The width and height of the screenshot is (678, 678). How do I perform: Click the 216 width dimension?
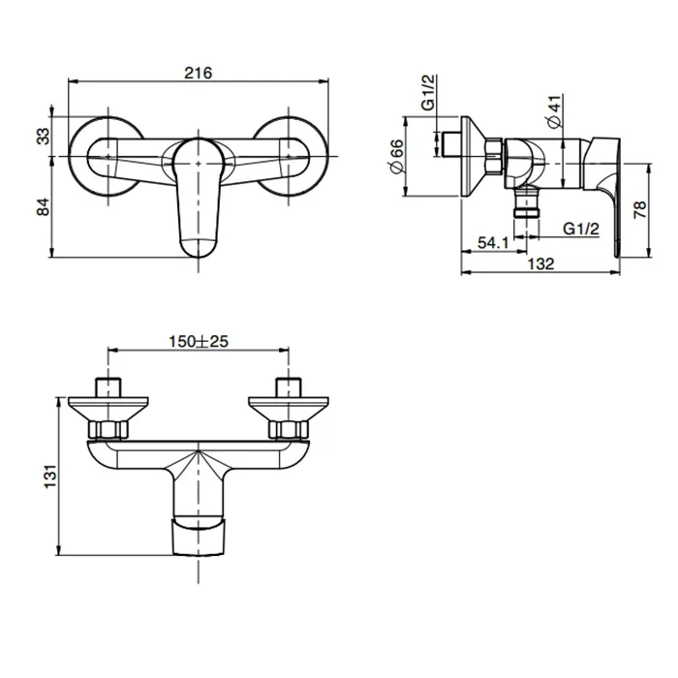tap(199, 73)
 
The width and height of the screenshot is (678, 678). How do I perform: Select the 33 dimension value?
tap(44, 137)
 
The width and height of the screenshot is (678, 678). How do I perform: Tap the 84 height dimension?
tap(44, 207)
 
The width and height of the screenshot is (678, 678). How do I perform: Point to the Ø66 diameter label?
tap(396, 156)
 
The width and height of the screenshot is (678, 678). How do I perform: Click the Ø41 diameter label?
tap(554, 111)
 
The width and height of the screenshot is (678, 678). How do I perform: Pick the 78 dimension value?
tap(640, 210)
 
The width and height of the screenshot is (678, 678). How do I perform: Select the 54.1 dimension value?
tap(493, 242)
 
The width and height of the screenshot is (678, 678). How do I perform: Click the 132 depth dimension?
tap(540, 263)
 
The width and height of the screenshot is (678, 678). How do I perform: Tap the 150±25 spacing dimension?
tap(199, 342)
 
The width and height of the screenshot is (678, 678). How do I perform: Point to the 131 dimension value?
tap(50, 477)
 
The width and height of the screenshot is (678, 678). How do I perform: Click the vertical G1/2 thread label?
tap(428, 93)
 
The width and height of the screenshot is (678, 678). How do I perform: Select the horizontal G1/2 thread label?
tap(581, 228)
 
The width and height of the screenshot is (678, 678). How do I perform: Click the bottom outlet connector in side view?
tap(527, 201)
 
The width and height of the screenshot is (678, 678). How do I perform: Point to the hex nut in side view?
tap(494, 156)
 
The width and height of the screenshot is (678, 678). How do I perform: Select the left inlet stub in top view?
tap(108, 387)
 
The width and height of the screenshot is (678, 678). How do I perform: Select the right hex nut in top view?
tap(289, 429)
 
